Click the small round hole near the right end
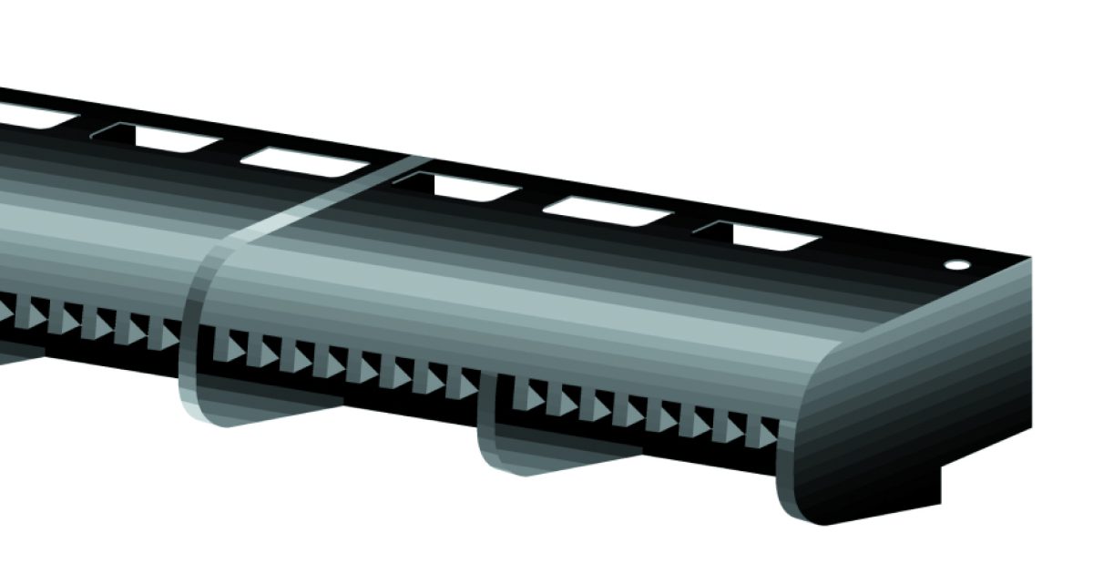click(957, 265)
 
